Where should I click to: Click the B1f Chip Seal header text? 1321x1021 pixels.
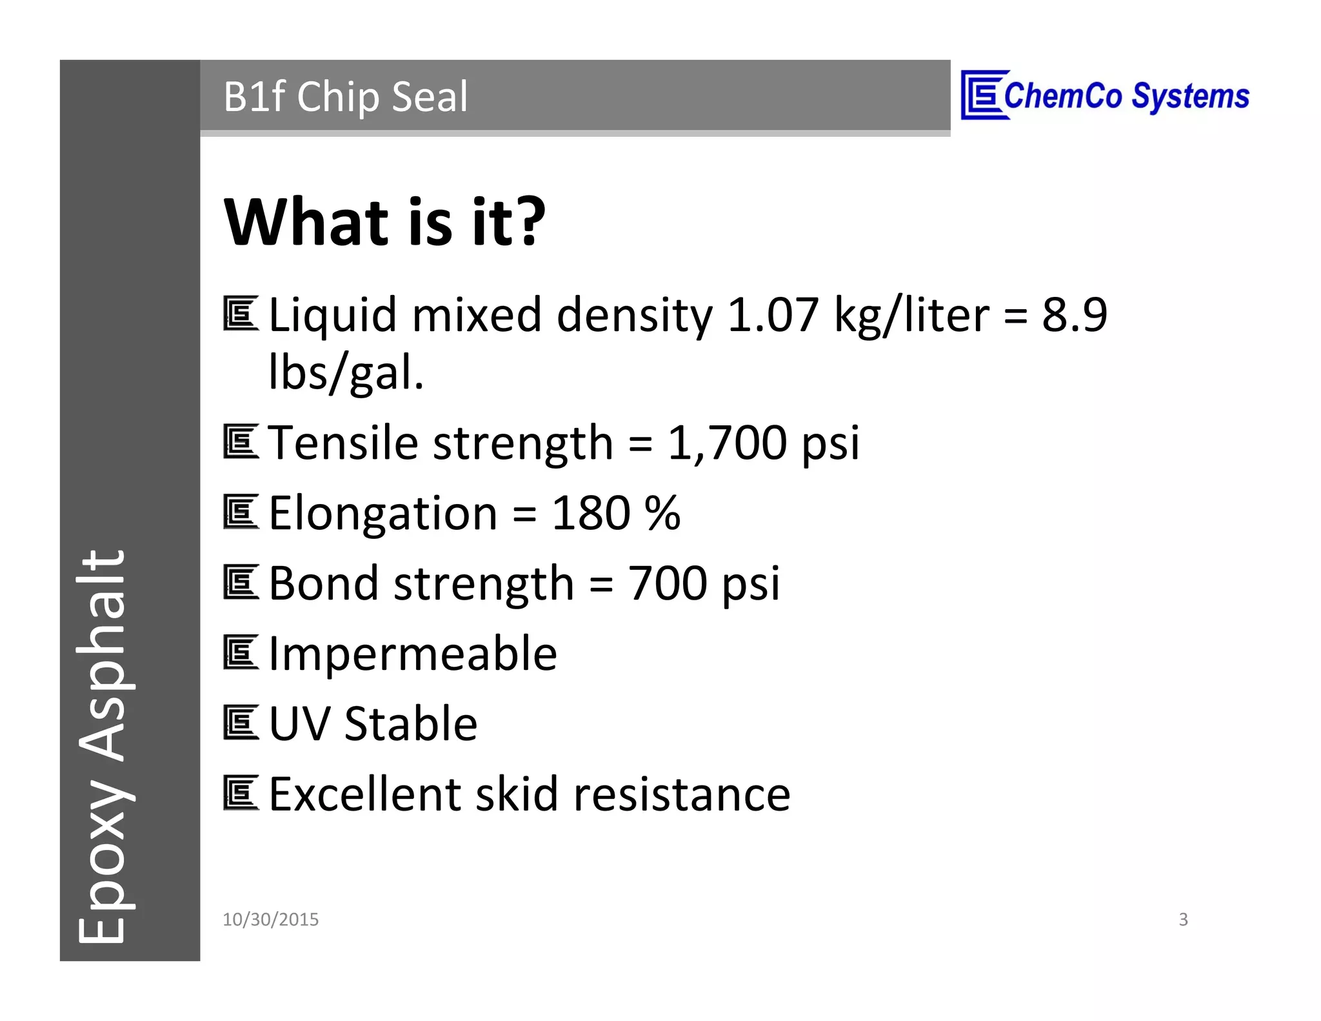(x=346, y=97)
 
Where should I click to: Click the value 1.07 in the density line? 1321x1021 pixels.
(x=772, y=315)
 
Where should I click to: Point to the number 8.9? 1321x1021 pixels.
(x=1075, y=315)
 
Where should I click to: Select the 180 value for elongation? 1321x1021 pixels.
(x=590, y=513)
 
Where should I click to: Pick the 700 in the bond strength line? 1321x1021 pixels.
(x=667, y=583)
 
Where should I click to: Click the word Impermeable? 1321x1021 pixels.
(x=413, y=654)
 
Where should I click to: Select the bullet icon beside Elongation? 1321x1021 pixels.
(x=241, y=512)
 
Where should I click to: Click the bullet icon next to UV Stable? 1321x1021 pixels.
(x=241, y=723)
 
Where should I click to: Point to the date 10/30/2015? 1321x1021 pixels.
(x=270, y=920)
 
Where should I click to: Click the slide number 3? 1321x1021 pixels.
(x=1183, y=920)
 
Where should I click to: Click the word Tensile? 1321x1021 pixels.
(x=343, y=443)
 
